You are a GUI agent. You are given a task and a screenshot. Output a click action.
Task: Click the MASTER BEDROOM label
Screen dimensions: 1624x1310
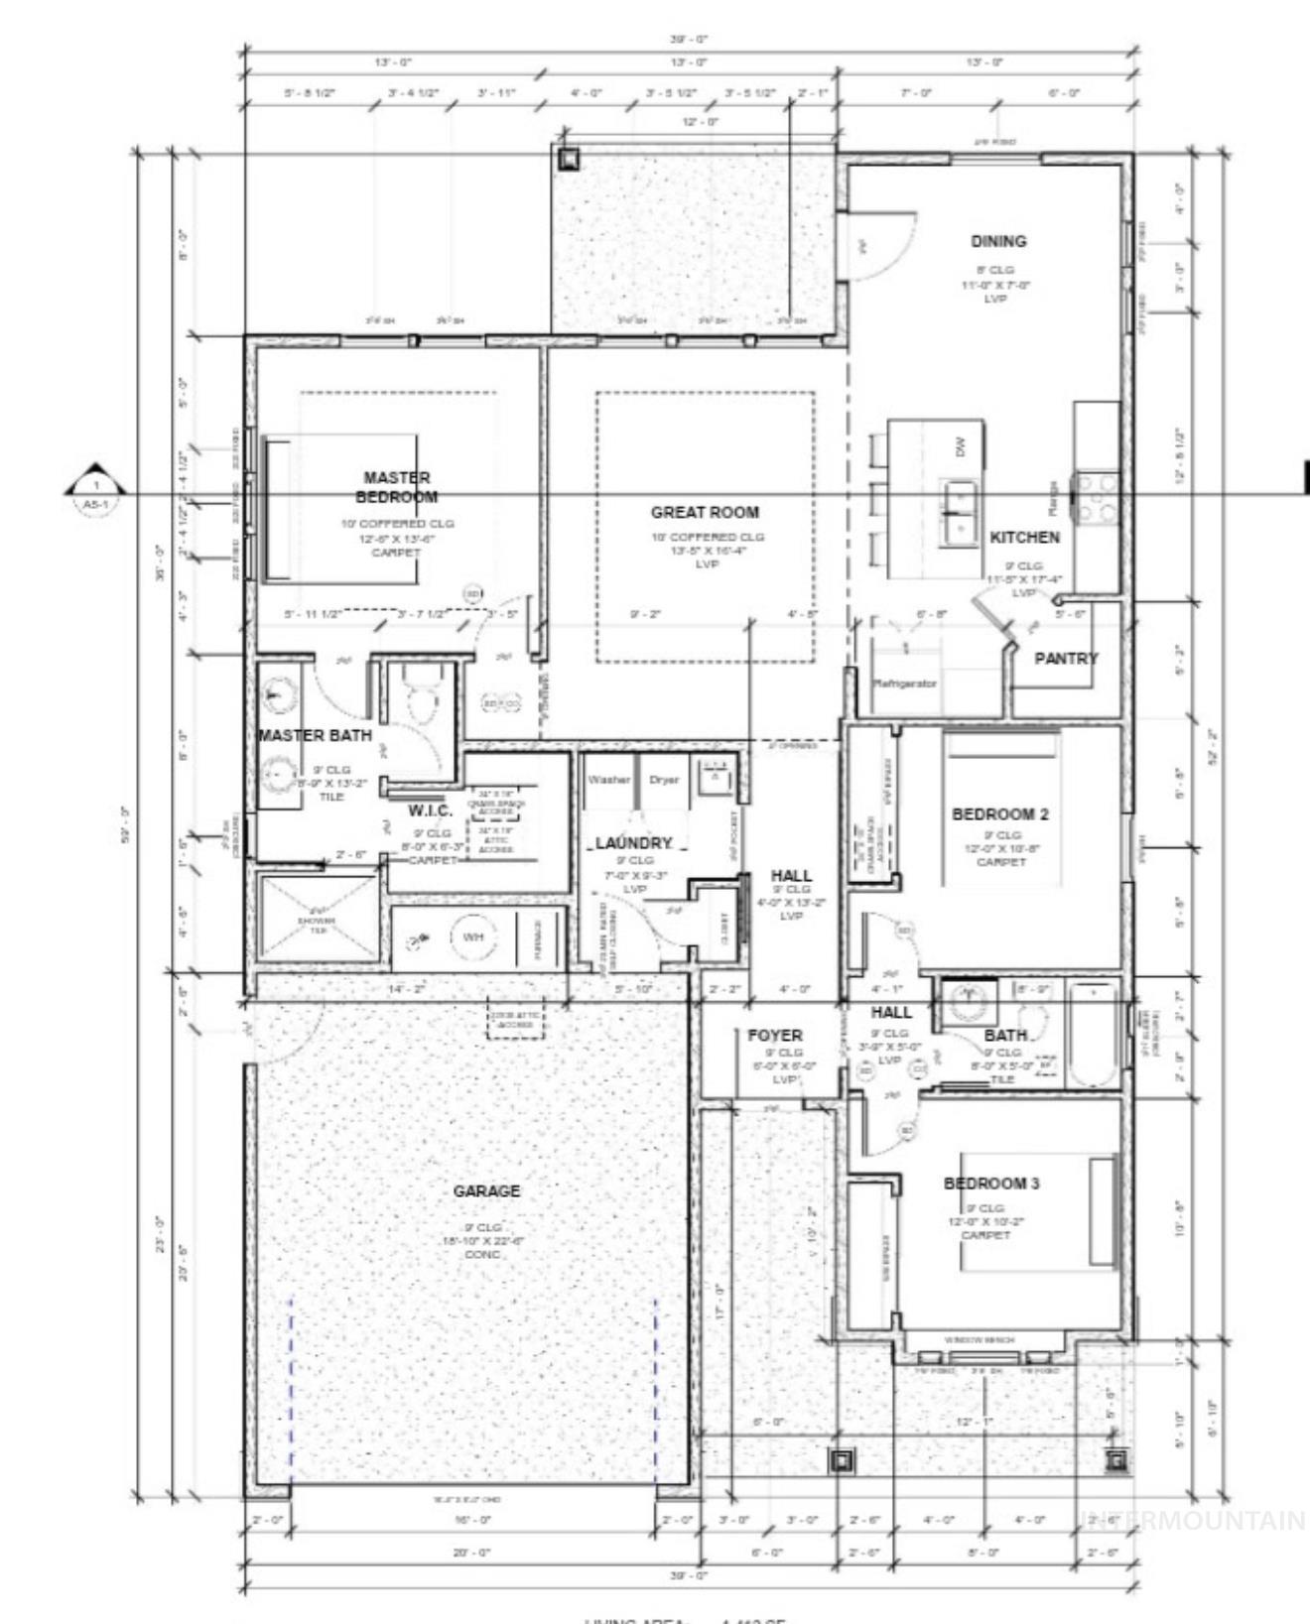396,487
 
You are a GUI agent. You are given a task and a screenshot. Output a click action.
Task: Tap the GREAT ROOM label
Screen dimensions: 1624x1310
705,512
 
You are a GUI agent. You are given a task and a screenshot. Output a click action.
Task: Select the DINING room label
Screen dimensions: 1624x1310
998,241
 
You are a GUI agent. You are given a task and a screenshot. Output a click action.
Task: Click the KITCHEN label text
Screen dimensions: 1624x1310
1024,537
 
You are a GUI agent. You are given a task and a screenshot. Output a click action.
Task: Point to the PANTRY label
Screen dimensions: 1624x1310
1066,658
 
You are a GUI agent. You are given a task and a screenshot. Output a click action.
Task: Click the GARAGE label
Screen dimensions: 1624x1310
486,1190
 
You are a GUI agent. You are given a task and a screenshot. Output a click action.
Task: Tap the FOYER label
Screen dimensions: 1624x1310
775,1035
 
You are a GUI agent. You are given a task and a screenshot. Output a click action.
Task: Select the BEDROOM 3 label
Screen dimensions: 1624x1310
990,1184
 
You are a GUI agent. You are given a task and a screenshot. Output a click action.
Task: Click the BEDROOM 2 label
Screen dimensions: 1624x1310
999,813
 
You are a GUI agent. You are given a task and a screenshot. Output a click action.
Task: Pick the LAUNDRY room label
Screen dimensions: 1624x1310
634,843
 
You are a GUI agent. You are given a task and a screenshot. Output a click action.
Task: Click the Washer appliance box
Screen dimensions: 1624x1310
608,781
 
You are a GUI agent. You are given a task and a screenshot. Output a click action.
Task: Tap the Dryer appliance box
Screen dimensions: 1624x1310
664,781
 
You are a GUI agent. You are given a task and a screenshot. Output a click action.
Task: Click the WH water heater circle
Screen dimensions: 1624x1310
472,936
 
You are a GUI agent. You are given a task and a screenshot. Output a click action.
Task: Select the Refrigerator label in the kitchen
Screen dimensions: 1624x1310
904,684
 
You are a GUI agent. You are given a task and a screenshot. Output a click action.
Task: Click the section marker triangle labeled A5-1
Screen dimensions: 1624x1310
95,483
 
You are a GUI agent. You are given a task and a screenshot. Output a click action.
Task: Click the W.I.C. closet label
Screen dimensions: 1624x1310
431,811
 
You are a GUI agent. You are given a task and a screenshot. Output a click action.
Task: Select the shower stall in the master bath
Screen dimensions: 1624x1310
319,919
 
